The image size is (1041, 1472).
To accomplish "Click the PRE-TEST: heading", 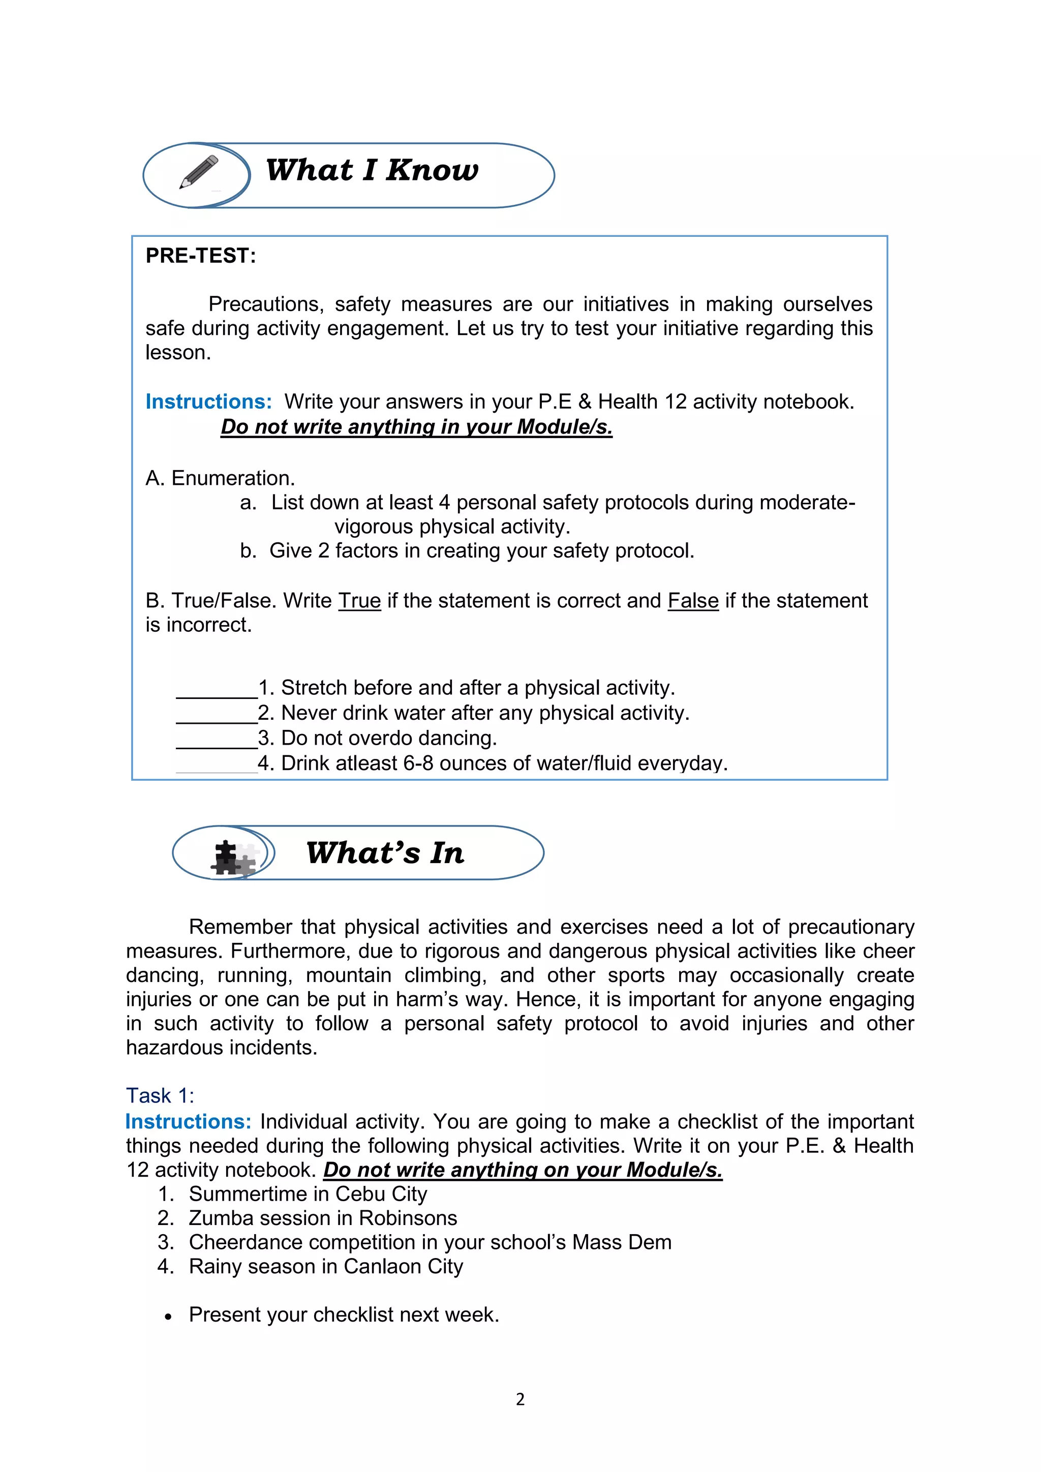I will (201, 256).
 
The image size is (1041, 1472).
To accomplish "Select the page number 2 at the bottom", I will (520, 1399).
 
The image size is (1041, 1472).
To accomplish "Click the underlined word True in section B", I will (359, 601).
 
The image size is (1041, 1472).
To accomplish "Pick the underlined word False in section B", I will (692, 601).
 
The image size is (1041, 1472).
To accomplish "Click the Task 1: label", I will (160, 1096).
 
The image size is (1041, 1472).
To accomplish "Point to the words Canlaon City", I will (403, 1266).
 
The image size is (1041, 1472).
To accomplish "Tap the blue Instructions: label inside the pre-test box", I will (208, 402).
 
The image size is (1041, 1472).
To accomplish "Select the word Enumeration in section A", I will (233, 478).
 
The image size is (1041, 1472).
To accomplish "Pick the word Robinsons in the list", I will (408, 1218).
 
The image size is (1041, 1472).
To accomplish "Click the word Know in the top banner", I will (432, 171).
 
